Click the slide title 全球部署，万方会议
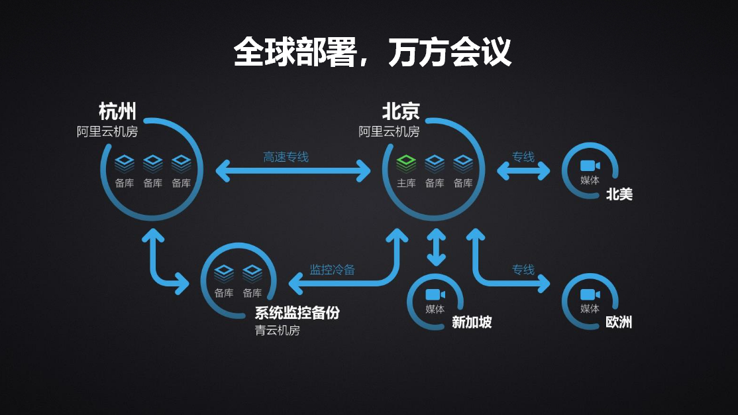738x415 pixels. [x=372, y=51]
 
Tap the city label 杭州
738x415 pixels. [x=117, y=111]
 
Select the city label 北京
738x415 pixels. [x=401, y=111]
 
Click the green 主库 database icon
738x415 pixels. [x=406, y=162]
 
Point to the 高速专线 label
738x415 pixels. [x=286, y=157]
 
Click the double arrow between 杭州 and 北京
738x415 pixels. [x=293, y=171]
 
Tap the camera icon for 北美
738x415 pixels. [x=590, y=166]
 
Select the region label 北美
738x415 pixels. [x=619, y=194]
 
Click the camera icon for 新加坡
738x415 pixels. [x=435, y=294]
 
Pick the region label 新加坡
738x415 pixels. [x=472, y=322]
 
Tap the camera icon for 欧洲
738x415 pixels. [x=590, y=294]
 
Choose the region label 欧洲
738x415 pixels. [x=619, y=322]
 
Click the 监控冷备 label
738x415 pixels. [x=333, y=270]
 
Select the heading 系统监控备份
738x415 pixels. [x=297, y=313]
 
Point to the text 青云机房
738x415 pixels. [x=278, y=330]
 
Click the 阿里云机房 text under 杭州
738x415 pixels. [x=107, y=131]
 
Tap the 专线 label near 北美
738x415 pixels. [x=523, y=157]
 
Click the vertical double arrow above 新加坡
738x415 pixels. [x=435, y=247]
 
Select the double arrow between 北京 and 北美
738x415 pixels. [x=523, y=171]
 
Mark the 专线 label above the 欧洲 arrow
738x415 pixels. [x=523, y=270]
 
